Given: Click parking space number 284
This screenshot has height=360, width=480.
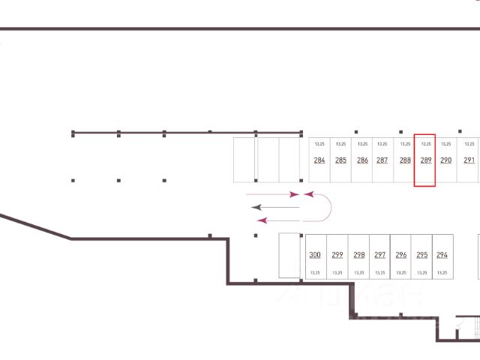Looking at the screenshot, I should [x=319, y=160].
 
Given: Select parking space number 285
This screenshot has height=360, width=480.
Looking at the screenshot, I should [x=340, y=160].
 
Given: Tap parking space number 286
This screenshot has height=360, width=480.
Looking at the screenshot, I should [x=362, y=160].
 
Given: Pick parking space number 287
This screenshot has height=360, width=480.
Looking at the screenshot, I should [x=382, y=160].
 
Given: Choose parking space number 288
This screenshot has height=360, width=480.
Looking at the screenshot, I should [x=405, y=160].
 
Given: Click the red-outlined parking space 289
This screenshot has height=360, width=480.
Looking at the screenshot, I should [x=425, y=160].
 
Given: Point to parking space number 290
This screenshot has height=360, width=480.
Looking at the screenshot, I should [x=445, y=160].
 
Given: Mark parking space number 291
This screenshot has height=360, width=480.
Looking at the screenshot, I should [x=469, y=160].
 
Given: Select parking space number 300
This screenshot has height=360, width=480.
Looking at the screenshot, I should [x=315, y=255].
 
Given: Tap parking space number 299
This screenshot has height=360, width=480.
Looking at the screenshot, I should [x=337, y=255].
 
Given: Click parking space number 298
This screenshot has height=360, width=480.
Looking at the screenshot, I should [x=358, y=255].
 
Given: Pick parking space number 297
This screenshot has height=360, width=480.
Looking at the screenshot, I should [x=379, y=255].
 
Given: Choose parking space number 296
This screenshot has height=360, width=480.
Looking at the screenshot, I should [x=400, y=255].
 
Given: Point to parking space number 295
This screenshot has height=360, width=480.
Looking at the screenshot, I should [x=421, y=255].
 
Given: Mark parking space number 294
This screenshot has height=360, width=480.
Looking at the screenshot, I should [x=442, y=255].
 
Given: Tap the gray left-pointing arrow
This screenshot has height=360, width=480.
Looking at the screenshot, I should [x=275, y=206].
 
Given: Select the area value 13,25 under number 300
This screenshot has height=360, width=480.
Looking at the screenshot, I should [x=315, y=272].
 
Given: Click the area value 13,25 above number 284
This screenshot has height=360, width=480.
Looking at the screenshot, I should [x=319, y=143].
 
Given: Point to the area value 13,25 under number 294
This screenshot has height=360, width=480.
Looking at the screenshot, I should [x=442, y=272].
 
